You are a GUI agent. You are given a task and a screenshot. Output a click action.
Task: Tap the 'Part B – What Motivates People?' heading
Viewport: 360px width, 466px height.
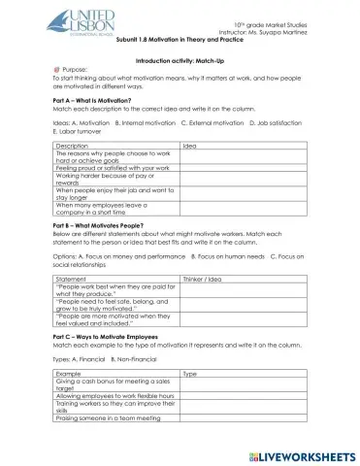coord(103,224)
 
